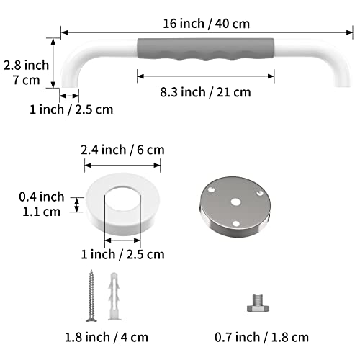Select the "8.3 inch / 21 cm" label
(204, 91)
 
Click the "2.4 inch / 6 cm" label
(122, 150)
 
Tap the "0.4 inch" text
(42, 197)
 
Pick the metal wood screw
(91, 296)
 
